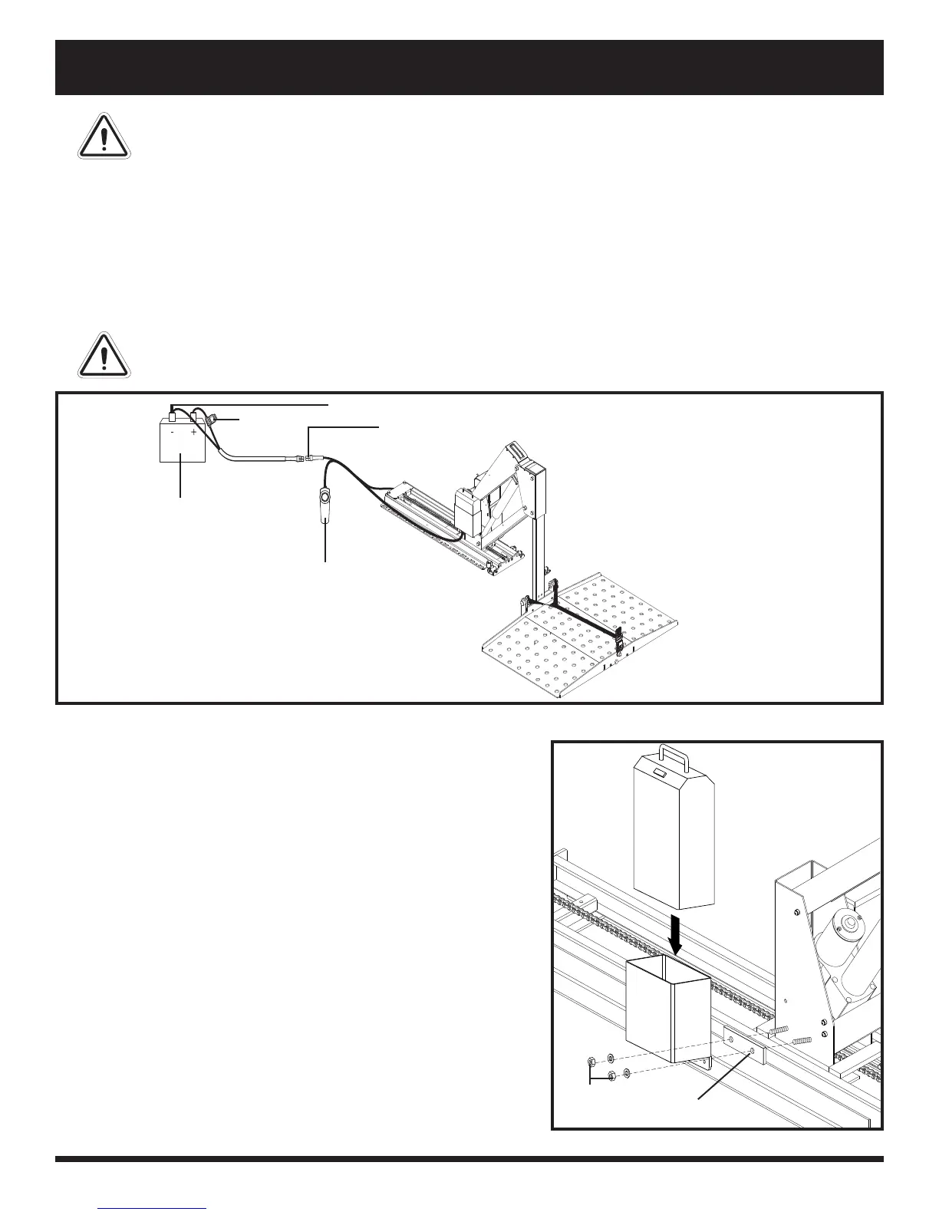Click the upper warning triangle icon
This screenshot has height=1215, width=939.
point(104,136)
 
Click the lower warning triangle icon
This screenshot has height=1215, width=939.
point(104,355)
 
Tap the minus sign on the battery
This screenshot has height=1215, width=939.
point(173,433)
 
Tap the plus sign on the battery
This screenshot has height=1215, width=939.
point(194,433)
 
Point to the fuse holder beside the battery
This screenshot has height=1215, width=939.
point(213,420)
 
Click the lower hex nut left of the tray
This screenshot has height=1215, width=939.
point(611,1075)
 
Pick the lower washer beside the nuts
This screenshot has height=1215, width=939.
point(628,1072)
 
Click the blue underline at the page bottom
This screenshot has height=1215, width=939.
point(153,1209)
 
